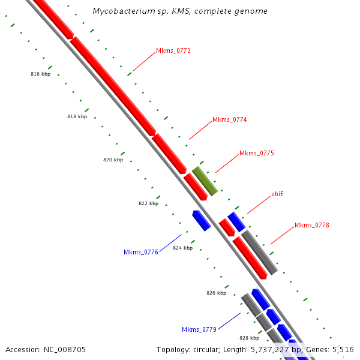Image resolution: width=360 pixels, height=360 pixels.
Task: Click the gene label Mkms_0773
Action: [x=173, y=50]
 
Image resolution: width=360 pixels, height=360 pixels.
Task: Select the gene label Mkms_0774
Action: [x=229, y=119]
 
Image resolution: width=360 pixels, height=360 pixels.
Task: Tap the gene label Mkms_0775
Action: [x=256, y=153]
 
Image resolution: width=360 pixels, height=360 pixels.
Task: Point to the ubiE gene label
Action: [x=277, y=194]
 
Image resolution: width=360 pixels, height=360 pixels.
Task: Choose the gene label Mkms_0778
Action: [x=311, y=225]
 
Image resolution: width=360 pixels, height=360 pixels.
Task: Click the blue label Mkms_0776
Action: [x=141, y=252]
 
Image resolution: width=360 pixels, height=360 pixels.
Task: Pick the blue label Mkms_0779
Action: [x=199, y=329]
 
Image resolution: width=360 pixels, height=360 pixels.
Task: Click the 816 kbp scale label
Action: [x=40, y=74]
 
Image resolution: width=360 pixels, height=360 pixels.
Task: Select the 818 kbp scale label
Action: [x=77, y=116]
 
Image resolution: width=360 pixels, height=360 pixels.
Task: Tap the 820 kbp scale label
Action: [x=113, y=160]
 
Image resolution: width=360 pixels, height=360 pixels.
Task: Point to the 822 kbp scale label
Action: [x=148, y=203]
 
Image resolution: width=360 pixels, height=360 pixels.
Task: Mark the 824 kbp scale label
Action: [x=182, y=248]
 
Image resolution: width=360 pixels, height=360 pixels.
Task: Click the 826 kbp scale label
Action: [x=216, y=293]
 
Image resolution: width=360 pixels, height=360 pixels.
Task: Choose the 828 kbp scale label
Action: [x=249, y=338]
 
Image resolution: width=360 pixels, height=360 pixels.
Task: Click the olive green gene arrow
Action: [x=205, y=181]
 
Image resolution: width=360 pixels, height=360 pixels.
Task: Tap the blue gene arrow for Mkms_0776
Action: [x=201, y=220]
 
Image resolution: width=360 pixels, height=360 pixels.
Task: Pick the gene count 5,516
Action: [x=343, y=349]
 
